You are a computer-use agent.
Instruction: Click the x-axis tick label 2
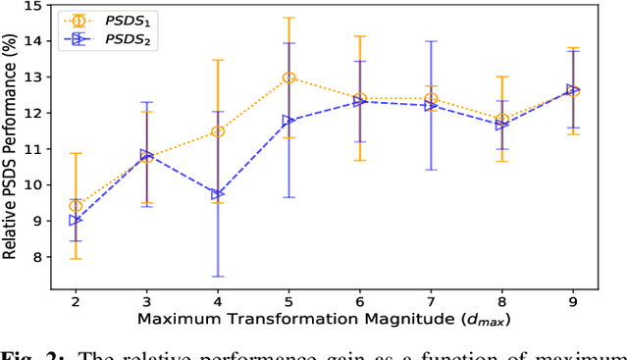(x=76, y=300)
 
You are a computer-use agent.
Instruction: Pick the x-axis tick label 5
(x=288, y=300)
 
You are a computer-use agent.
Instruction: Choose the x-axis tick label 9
(x=573, y=300)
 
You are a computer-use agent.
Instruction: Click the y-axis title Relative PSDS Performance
(x=11, y=147)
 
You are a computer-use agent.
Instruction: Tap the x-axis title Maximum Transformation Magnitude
(x=324, y=320)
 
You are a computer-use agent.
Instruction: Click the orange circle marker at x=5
(x=288, y=77)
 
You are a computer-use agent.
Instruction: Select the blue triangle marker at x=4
(x=218, y=194)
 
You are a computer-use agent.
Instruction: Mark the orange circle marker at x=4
(x=218, y=131)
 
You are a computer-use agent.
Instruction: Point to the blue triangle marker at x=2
(x=76, y=221)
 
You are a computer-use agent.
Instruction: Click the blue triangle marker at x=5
(x=288, y=121)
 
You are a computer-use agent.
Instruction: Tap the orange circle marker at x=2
(x=76, y=206)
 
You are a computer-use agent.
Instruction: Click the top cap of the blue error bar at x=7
(x=431, y=40)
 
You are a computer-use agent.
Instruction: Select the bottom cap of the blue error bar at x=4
(x=218, y=277)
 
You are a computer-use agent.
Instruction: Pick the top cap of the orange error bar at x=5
(x=288, y=18)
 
